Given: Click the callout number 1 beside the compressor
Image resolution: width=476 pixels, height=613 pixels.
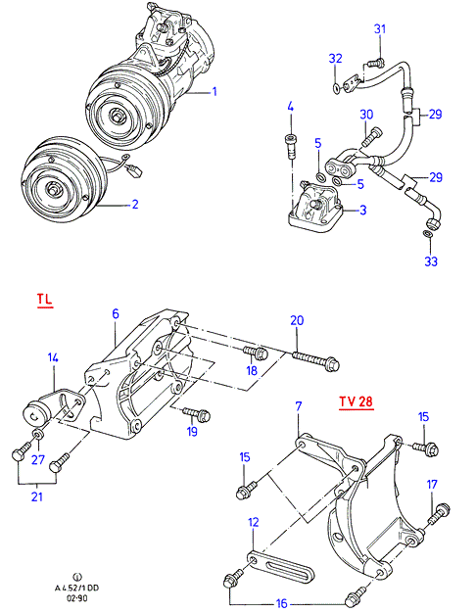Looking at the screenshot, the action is pos(214,91).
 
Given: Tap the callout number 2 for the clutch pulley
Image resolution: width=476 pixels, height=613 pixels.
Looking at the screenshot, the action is pos(135,204).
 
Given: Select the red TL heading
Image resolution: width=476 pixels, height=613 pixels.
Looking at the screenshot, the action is pos(45,299).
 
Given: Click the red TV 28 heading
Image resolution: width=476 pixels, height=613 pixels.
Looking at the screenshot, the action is pos(356,401).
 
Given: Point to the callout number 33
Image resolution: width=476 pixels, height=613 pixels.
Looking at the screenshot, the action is pos(431,261).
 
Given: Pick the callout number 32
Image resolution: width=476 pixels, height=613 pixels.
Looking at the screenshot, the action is pos(335,58).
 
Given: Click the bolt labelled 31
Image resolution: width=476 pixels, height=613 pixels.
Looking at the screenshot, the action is pos(375,63).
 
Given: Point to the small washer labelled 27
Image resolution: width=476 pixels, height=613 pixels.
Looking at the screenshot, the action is pos(38,434).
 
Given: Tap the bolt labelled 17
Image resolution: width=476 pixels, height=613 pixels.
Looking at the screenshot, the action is pos(439,514).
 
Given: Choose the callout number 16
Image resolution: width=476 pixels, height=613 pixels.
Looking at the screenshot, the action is pos(282,603).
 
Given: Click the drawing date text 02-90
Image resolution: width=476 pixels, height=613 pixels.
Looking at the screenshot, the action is pos(77,598).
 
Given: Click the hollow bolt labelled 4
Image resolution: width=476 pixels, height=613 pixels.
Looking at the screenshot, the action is pos(291,146).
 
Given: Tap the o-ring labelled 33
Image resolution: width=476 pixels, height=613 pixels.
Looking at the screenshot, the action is pos(428,235).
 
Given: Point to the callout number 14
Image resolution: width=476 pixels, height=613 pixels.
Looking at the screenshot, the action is pos(53,357).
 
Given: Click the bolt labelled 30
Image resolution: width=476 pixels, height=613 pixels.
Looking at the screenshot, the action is pos(371,137).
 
